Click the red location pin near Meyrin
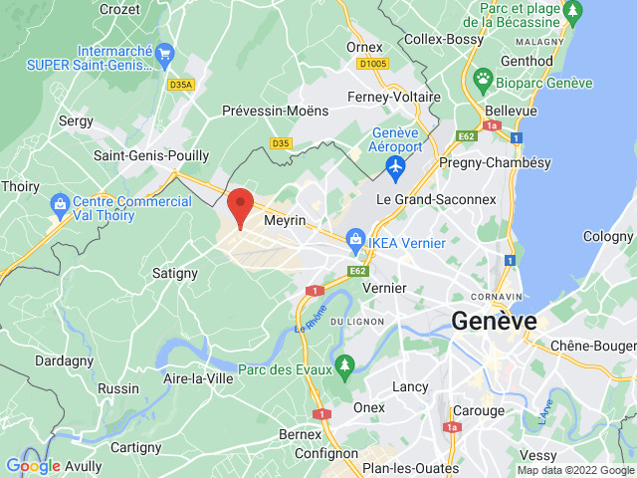point(239,205)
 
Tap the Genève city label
point(494,321)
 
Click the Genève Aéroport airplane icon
point(396,169)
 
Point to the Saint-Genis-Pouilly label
point(151,155)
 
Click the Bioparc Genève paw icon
point(483,78)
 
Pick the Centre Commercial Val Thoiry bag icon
point(60,203)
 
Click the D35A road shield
point(181,85)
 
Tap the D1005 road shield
point(372,63)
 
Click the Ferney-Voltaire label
point(393,97)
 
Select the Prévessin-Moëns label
point(275,111)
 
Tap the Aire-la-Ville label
point(198,378)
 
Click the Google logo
point(33,466)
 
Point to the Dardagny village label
point(64,360)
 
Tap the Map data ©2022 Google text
point(574,470)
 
